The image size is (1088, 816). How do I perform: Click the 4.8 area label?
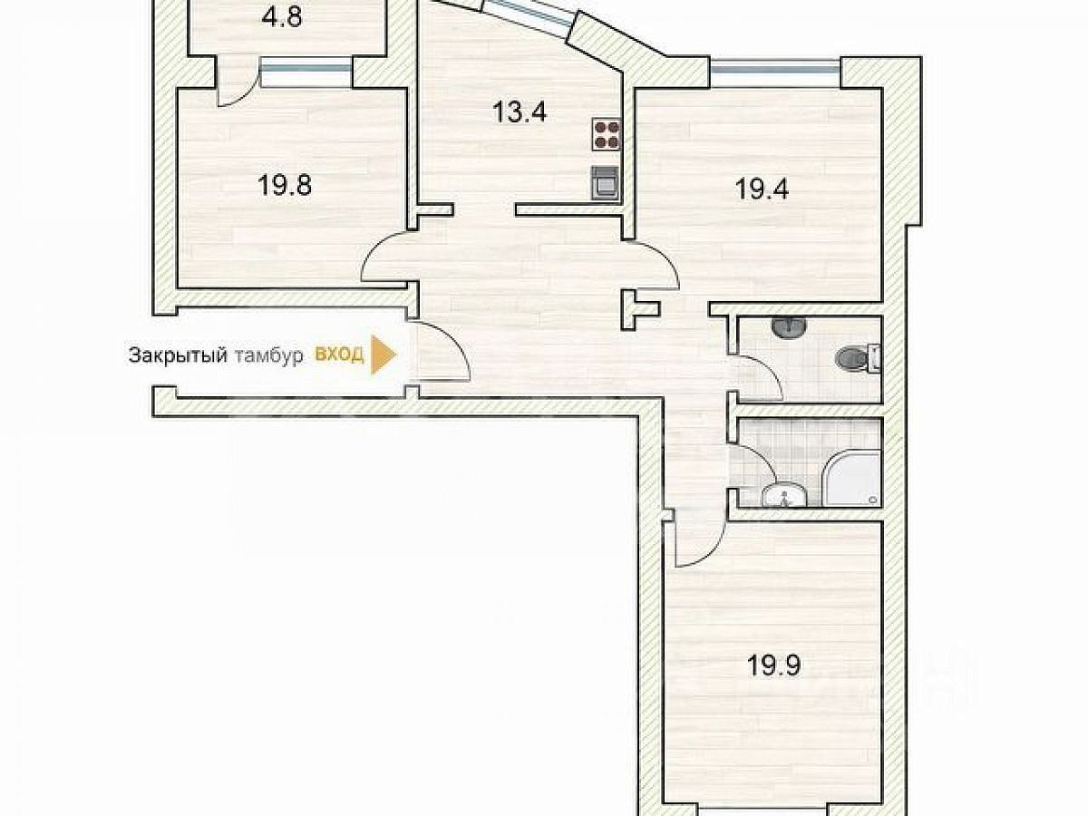coord(281,18)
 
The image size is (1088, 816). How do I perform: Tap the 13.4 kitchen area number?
coord(520,111)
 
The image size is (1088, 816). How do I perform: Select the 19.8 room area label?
coord(285,185)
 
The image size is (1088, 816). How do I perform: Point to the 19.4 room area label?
coord(762,189)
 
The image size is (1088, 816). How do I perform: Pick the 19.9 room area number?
coord(773,666)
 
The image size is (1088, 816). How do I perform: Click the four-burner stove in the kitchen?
coord(607,135)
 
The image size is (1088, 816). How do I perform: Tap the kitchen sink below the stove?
coord(606,183)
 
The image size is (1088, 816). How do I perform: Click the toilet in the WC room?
coord(858,357)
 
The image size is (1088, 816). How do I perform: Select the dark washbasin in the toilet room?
coord(789,326)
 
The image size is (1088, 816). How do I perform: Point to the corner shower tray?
coord(851,479)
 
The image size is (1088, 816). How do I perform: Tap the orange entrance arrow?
coord(384,355)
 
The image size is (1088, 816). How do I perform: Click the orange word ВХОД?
coord(339,355)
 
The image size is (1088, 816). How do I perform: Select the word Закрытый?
coord(178,355)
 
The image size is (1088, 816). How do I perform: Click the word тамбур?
coord(269,356)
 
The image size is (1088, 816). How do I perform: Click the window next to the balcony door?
coord(306,73)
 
